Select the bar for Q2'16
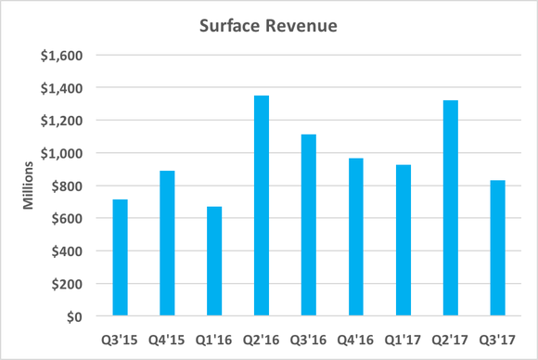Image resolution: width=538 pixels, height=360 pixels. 262,206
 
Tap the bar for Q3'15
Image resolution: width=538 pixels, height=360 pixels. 120,258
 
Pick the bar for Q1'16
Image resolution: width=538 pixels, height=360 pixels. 214,262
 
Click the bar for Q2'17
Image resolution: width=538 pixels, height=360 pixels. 451,209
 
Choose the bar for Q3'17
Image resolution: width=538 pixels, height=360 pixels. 498,249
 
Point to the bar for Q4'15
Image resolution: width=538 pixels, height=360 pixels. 167,243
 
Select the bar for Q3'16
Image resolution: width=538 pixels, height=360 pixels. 309,225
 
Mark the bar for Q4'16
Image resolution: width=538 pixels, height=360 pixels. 356,238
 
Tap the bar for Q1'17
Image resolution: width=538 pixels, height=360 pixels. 403,240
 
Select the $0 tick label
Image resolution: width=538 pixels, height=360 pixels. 74,316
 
